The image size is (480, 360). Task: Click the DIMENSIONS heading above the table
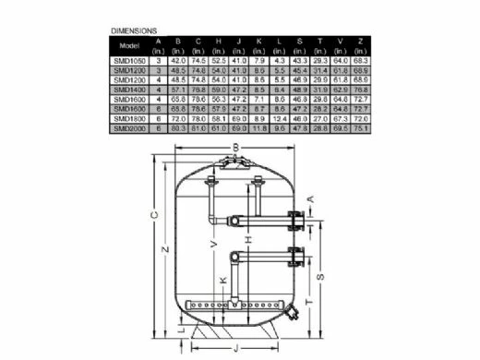[134, 30]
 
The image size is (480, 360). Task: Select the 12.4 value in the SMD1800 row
[281, 118]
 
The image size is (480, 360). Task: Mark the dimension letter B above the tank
[236, 148]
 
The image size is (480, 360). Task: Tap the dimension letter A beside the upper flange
[310, 198]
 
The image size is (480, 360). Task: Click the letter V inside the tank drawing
[214, 244]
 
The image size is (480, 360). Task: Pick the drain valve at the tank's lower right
[294, 315]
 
